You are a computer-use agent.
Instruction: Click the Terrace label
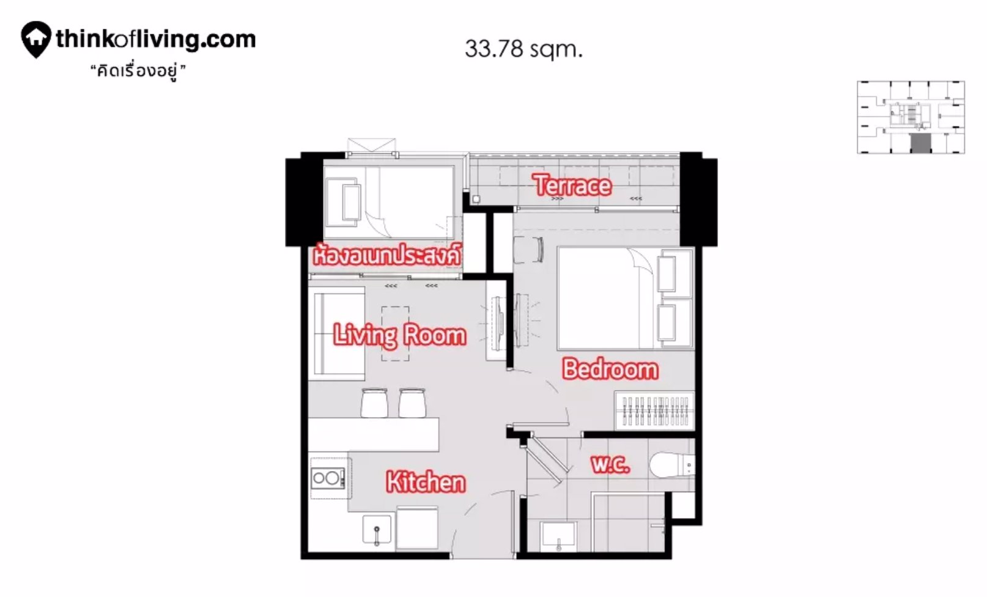(572, 185)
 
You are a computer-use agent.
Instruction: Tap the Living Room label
(399, 335)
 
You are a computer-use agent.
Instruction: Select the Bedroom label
(610, 369)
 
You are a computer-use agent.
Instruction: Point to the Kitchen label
(426, 483)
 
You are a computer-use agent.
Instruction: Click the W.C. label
(610, 464)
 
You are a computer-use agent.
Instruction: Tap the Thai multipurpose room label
(386, 255)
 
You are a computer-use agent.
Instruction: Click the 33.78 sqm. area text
(523, 49)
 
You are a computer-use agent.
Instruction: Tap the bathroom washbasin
(558, 536)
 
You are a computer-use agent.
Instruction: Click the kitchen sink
(377, 530)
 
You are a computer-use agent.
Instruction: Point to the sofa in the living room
(337, 333)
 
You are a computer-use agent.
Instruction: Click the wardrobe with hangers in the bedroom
(654, 410)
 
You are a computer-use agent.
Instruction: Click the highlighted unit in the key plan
(920, 144)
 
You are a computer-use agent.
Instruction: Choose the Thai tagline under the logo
(138, 72)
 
